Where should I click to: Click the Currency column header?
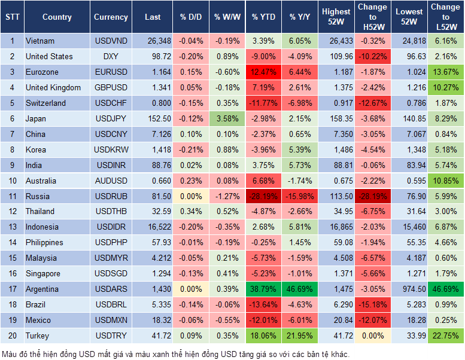[111, 17]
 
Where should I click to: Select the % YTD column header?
[263, 17]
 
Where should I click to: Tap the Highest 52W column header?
[336, 17]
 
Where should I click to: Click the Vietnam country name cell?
[40, 41]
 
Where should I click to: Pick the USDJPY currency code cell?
[111, 118]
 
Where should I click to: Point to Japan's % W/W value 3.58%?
[227, 118]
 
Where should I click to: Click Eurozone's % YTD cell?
[263, 72]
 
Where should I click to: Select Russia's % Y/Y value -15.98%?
[300, 196]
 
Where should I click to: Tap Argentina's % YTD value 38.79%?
[263, 289]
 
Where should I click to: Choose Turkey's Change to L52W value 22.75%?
[446, 335]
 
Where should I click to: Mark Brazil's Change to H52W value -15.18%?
[372, 304]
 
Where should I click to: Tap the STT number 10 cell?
[11, 181]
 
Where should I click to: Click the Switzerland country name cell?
[45, 103]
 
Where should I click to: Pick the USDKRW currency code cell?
[111, 150]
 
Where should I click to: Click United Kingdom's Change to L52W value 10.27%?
[446, 88]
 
